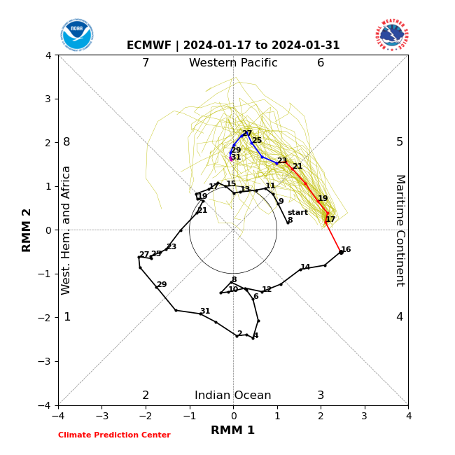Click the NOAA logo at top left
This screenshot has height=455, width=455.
(76, 34)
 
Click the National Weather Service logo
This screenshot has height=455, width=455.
(391, 34)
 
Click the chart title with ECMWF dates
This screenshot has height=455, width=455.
(233, 45)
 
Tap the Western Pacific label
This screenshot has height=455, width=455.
(233, 63)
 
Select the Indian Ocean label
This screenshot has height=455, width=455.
(233, 395)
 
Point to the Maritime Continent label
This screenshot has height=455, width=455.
(400, 230)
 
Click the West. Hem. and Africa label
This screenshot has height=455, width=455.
(66, 230)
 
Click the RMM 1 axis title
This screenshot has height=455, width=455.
(233, 430)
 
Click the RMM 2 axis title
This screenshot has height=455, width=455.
(27, 230)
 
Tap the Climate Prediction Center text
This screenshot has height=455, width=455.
(114, 435)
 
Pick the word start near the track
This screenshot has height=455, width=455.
(297, 212)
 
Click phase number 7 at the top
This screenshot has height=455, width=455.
(146, 63)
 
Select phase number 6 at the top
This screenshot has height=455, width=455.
(321, 63)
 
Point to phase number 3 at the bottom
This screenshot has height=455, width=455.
(321, 395)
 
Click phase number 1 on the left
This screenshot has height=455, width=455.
(67, 317)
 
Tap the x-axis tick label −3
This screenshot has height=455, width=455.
(101, 416)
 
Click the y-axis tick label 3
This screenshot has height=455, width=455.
(48, 99)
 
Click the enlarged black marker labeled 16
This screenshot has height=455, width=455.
(341, 252)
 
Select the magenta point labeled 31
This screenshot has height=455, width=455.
(230, 159)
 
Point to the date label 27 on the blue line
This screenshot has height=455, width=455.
(247, 134)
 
